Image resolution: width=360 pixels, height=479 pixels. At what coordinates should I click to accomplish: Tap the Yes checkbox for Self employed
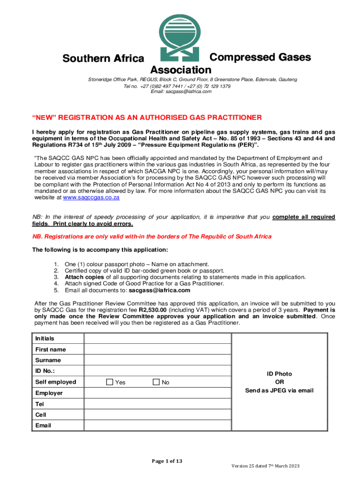[109, 382]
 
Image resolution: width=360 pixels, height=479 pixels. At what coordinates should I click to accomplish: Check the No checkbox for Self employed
[156, 382]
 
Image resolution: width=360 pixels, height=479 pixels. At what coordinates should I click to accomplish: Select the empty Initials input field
[158, 338]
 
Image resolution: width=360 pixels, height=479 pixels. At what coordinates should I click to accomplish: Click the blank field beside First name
[158, 349]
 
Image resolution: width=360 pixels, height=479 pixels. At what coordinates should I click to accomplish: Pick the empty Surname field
[158, 360]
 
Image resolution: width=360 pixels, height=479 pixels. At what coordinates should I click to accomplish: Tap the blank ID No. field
[158, 371]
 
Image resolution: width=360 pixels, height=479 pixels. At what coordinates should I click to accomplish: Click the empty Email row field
[158, 426]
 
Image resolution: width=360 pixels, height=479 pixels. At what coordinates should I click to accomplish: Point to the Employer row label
[49, 393]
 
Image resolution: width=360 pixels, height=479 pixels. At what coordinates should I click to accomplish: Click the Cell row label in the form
[41, 415]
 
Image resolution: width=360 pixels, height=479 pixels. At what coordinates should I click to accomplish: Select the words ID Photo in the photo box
[279, 374]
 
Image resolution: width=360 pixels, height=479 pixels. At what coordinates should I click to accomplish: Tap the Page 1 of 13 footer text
[167, 461]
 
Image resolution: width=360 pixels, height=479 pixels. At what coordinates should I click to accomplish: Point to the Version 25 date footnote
[266, 466]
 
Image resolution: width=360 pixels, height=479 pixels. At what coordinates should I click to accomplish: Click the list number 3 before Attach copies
[57, 277]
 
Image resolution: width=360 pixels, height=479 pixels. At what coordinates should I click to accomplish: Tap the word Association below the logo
[180, 70]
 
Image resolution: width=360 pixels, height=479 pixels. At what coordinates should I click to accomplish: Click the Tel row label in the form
[40, 404]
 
